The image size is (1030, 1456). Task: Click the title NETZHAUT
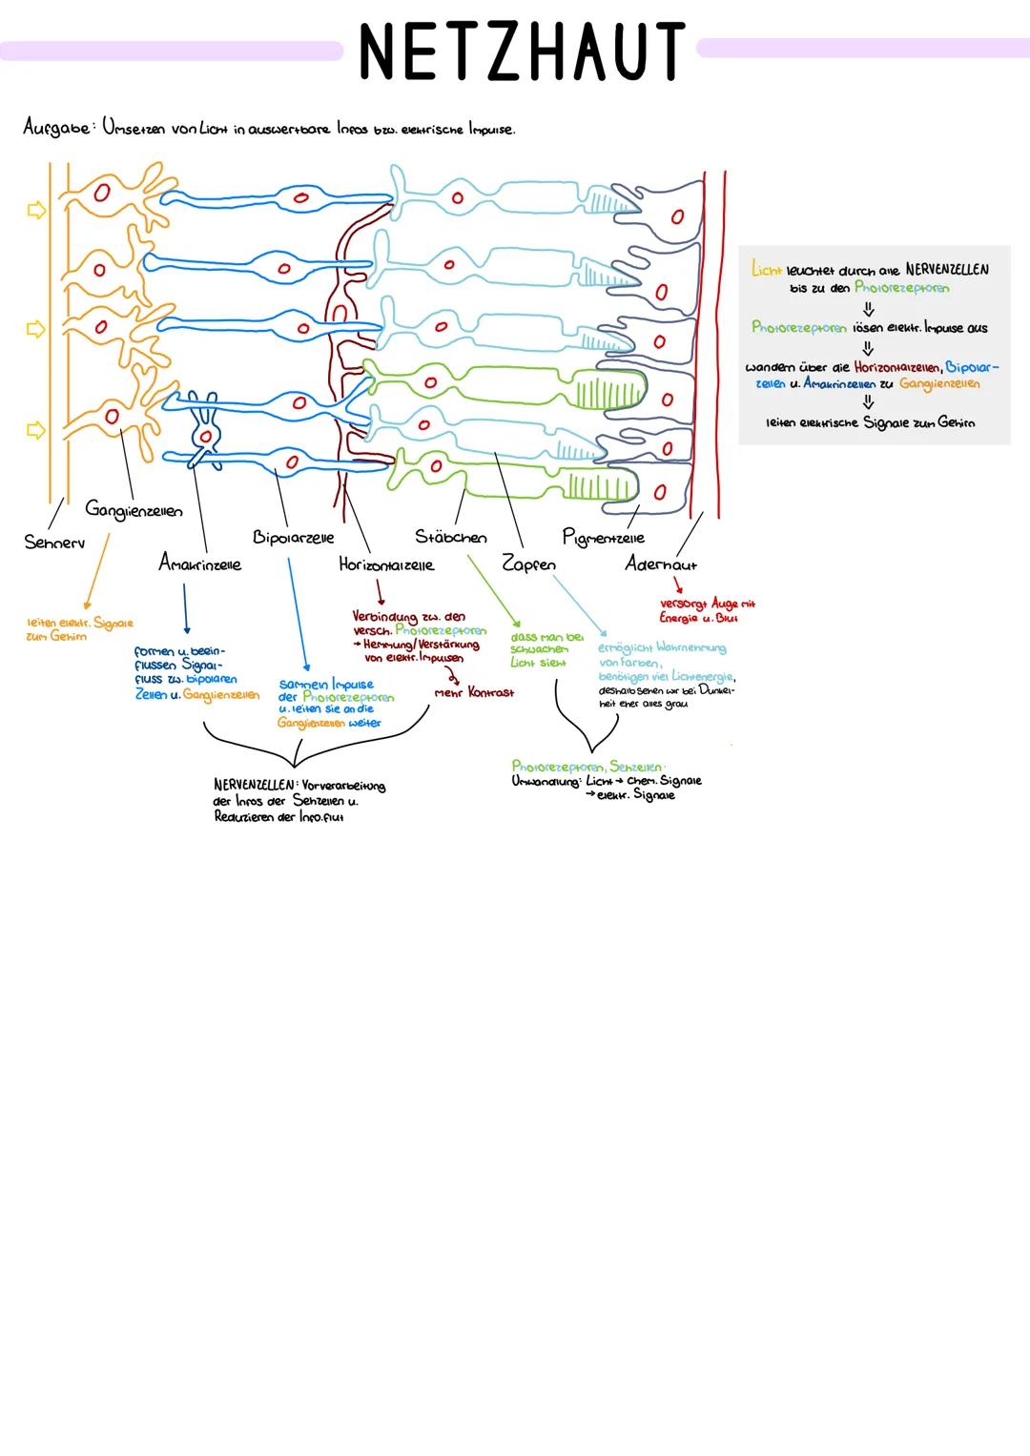521,50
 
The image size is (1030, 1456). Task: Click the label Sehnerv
54,542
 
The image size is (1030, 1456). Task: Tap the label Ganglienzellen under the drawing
134,509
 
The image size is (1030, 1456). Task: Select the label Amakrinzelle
199,564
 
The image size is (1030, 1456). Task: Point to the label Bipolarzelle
293,538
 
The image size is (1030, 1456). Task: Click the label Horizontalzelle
386,564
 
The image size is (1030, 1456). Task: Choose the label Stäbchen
450,537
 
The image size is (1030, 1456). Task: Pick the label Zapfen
528,564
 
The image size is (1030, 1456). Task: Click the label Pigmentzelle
603,538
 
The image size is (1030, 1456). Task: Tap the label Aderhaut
660,564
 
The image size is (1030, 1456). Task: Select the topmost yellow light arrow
36,211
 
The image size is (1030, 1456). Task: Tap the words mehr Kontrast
474,692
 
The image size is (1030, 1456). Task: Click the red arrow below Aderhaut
678,584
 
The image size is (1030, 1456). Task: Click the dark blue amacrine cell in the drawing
204,434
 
